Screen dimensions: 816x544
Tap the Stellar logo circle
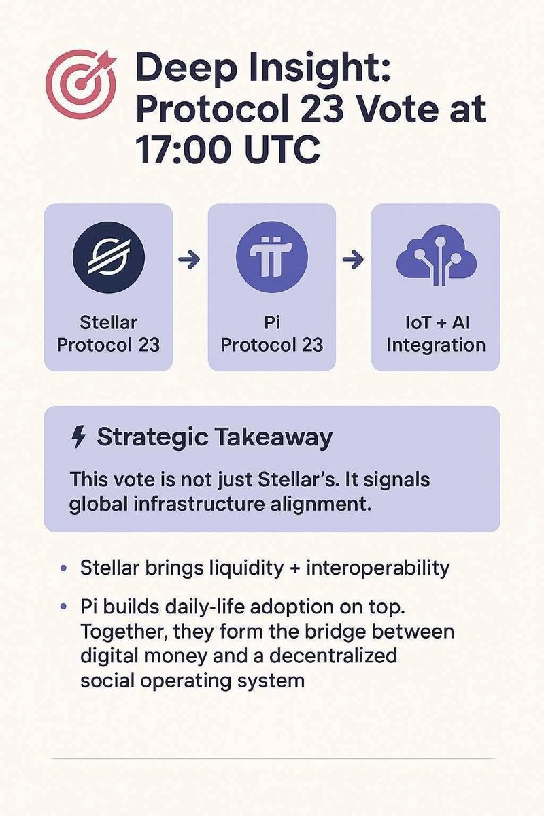(x=108, y=258)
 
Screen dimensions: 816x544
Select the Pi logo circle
(x=271, y=258)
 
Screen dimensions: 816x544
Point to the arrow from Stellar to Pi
(x=190, y=259)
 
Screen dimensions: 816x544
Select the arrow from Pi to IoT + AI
(x=354, y=259)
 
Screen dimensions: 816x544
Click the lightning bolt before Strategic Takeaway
(x=79, y=438)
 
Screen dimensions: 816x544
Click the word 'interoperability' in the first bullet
(x=378, y=568)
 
